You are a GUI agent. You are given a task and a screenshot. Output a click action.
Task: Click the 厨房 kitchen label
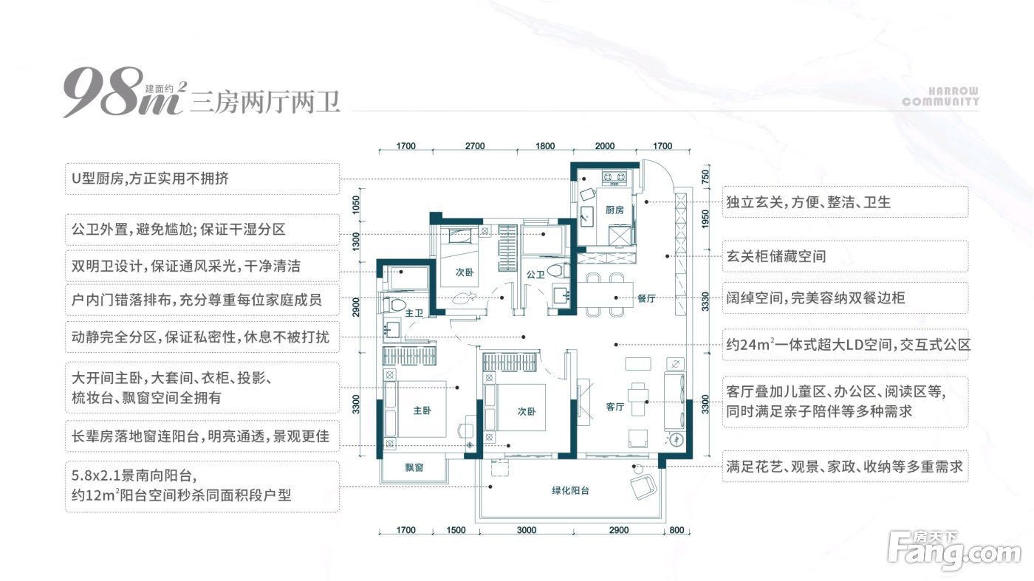(614, 210)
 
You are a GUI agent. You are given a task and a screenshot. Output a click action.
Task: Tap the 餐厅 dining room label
(647, 298)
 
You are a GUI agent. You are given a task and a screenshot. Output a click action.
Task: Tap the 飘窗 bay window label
(414, 467)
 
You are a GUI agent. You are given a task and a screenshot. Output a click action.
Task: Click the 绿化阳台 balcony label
(570, 490)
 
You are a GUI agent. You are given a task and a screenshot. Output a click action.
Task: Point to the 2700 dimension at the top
(475, 146)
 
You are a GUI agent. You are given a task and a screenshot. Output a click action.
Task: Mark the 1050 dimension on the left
(356, 204)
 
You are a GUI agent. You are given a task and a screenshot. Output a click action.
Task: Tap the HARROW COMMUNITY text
(940, 97)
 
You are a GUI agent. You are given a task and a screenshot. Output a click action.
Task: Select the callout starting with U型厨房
(202, 179)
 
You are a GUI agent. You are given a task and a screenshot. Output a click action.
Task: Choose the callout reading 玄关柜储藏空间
(845, 257)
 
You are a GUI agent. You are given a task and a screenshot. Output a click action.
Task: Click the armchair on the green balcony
(642, 487)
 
